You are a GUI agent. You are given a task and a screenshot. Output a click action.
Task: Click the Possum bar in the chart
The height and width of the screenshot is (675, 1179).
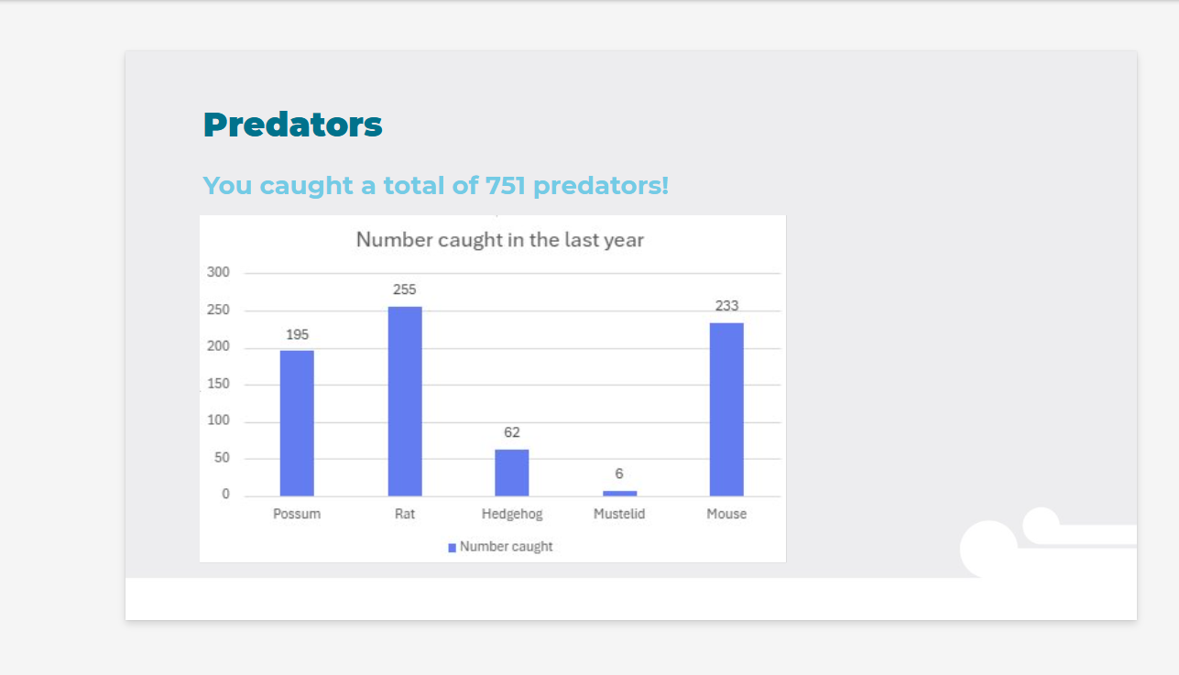[297, 423]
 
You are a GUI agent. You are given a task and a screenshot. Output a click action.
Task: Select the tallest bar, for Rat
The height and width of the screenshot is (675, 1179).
[405, 401]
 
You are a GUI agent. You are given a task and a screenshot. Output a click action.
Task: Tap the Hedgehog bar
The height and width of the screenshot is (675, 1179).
[511, 473]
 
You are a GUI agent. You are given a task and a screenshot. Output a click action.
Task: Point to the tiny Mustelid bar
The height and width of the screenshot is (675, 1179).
[619, 494]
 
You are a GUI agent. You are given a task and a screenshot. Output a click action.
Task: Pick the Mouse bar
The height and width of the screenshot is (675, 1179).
[726, 409]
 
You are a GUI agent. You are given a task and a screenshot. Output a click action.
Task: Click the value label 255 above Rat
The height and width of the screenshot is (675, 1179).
[404, 289]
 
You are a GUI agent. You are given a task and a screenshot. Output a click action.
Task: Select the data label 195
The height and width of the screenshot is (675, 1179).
[297, 334]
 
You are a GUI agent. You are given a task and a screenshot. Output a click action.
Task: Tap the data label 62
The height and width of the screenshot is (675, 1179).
[511, 432]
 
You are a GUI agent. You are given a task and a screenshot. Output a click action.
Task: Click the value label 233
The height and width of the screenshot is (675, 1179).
[726, 306]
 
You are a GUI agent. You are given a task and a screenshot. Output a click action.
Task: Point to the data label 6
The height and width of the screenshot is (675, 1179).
[619, 474]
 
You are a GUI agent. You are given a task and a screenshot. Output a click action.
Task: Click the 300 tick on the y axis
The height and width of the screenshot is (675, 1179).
[218, 272]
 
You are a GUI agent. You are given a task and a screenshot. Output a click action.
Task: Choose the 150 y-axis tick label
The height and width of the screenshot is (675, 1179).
[218, 384]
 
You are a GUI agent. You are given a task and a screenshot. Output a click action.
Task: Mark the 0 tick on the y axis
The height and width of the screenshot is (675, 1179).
[225, 494]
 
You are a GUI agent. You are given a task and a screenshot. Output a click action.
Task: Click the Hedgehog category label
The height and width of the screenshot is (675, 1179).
[511, 514]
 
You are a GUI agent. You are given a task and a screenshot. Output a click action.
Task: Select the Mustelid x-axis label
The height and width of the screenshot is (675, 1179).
[619, 514]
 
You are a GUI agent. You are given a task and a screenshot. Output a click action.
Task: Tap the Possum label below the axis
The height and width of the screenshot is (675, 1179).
[297, 514]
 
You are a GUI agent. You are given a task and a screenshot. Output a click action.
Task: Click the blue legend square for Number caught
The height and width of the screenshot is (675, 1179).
[452, 548]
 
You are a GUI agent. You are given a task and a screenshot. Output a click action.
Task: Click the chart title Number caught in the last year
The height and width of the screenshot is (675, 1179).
[500, 240]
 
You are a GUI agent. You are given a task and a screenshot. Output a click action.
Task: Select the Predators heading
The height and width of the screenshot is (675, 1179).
[292, 125]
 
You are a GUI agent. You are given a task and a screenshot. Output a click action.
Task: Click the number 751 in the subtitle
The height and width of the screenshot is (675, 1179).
[506, 186]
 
